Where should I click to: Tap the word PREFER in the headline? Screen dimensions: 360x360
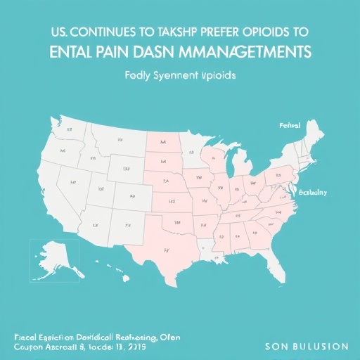click(229, 32)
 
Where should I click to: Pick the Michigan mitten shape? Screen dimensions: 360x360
click(240, 166)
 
